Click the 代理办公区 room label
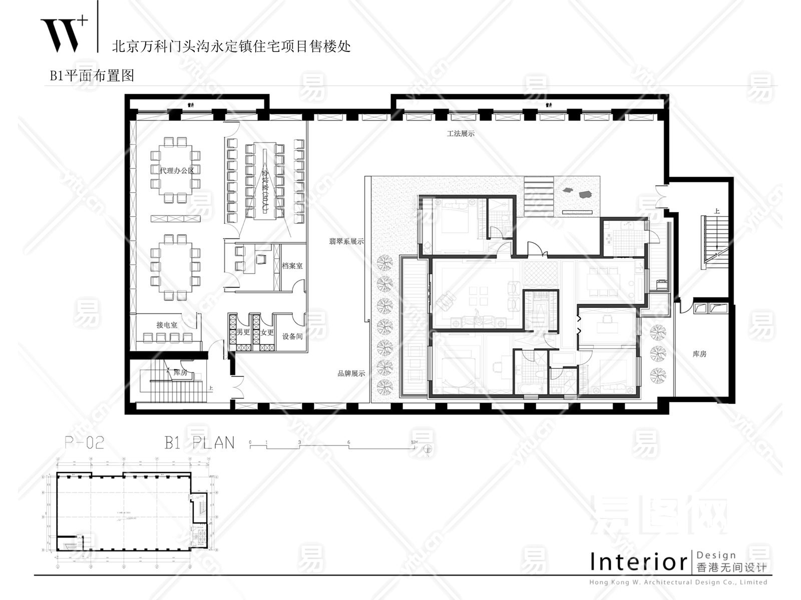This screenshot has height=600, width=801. point(176,170)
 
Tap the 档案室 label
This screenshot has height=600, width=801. point(292,266)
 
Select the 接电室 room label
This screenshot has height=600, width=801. point(167,325)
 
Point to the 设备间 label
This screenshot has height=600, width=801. point(292,336)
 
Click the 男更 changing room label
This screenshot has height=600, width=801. point(244,332)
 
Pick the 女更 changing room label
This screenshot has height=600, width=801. point(267,332)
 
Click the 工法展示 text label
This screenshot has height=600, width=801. point(461,134)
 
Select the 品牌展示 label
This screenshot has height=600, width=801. point(351,373)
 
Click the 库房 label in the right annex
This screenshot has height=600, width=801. point(699,354)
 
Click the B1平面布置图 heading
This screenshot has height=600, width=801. point(92,75)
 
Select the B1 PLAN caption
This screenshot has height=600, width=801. point(199,442)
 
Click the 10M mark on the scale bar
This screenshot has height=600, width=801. point(414,443)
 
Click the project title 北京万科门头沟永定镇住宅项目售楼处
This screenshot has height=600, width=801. point(231,46)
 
